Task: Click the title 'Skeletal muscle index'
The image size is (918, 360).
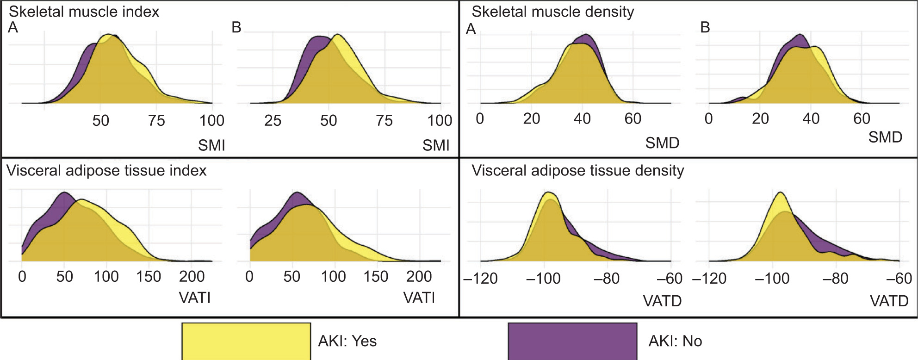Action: (x=84, y=12)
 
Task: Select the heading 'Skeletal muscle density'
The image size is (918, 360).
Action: (x=552, y=12)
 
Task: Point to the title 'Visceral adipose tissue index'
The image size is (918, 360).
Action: (x=106, y=171)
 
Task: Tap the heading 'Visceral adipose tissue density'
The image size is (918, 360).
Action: (x=577, y=171)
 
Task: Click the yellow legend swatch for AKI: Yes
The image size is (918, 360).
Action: (x=246, y=341)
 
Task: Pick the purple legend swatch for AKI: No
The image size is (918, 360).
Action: (x=572, y=341)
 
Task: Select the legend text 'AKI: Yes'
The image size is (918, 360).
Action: (x=347, y=341)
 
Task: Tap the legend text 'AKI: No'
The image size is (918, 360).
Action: (x=675, y=341)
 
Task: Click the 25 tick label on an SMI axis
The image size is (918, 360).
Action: (x=273, y=121)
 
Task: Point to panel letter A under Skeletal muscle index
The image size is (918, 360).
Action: (x=13, y=28)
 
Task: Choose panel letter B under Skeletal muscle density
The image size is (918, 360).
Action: (x=705, y=28)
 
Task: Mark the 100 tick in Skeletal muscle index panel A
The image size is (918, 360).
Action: (x=211, y=121)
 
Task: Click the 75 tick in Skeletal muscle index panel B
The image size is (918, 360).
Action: (x=384, y=121)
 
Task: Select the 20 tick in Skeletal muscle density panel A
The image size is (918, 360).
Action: (x=531, y=119)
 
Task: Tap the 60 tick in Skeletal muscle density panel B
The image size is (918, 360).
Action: (x=862, y=119)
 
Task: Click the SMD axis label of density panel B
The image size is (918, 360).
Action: (x=885, y=137)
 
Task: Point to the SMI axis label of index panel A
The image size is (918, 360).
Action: (x=211, y=145)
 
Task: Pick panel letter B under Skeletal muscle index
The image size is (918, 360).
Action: (x=236, y=28)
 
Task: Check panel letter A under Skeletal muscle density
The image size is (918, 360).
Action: (x=471, y=30)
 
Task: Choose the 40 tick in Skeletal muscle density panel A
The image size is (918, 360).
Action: (x=582, y=119)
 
